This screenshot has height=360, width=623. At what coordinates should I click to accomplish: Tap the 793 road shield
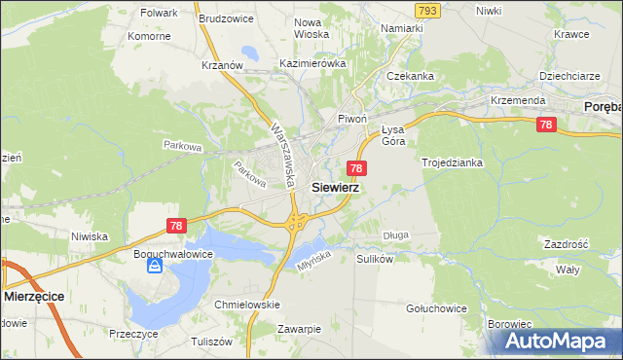coord(425,10)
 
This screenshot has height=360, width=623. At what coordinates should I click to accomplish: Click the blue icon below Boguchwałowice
coord(154,266)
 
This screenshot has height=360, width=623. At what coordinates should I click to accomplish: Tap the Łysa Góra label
coord(392,135)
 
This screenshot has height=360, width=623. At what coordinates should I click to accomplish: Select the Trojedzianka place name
coord(453,162)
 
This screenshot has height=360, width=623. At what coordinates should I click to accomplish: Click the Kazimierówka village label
coord(312,63)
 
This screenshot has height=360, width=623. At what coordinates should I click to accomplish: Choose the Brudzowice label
coord(226,18)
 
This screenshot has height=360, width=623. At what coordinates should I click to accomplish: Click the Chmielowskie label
coord(247,305)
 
